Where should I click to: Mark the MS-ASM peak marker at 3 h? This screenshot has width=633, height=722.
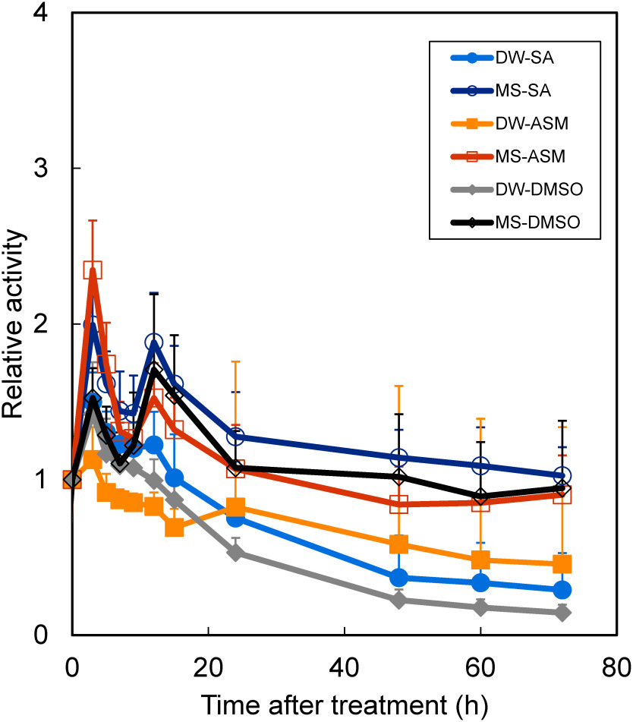[x=93, y=270]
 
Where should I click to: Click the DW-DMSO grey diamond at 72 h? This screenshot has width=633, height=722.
[x=562, y=613]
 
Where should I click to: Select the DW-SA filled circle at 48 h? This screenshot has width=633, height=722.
[x=398, y=578]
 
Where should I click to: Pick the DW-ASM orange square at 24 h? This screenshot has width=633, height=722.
[x=235, y=507]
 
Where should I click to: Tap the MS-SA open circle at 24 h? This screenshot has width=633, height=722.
[x=235, y=437]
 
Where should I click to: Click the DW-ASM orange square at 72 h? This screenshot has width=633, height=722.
[x=562, y=564]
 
